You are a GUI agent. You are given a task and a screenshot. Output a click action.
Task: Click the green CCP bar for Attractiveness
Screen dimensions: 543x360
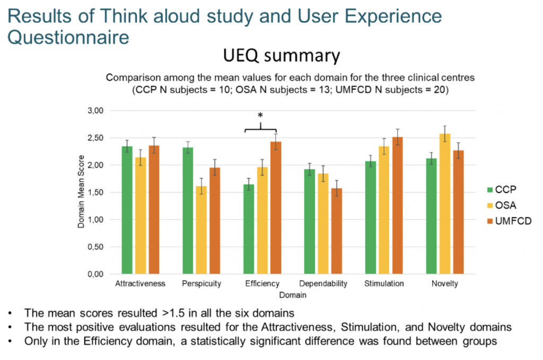point(127,210)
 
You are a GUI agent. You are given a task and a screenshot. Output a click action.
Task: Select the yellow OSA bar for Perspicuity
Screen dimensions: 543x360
point(201,230)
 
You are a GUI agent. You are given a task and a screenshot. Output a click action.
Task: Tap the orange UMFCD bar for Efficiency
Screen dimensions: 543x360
point(276,208)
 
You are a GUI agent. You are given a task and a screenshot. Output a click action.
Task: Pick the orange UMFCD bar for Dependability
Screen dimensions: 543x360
point(337,231)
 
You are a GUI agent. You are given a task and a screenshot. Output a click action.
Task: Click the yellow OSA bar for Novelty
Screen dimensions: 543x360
point(445,204)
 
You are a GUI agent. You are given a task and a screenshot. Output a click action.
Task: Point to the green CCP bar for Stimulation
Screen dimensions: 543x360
point(371,217)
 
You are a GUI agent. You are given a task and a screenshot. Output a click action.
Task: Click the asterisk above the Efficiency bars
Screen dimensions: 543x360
point(260,115)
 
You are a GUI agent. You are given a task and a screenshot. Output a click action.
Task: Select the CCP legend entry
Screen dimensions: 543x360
point(502,189)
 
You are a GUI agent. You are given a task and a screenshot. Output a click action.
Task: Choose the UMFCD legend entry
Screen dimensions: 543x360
point(509,221)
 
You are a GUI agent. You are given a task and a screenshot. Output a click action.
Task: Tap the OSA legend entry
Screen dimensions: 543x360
point(502,205)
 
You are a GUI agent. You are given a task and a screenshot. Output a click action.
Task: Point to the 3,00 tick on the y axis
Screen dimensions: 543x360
point(95,111)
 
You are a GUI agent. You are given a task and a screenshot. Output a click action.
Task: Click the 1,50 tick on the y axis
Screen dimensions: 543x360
point(95,192)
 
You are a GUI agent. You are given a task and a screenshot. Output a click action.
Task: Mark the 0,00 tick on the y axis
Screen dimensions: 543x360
point(95,274)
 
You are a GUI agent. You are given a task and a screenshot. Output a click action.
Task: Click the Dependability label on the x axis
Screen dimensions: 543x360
point(323,284)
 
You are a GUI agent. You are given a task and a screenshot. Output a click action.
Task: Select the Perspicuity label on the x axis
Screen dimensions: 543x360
point(202,284)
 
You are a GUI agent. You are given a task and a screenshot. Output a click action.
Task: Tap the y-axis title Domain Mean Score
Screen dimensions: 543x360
point(81,191)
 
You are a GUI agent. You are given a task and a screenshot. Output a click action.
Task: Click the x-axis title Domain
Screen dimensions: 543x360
point(293,295)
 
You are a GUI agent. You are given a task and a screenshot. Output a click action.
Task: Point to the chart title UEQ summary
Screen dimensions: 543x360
point(282,55)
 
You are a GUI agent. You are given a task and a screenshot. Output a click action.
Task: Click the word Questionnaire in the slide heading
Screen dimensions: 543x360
point(68,37)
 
